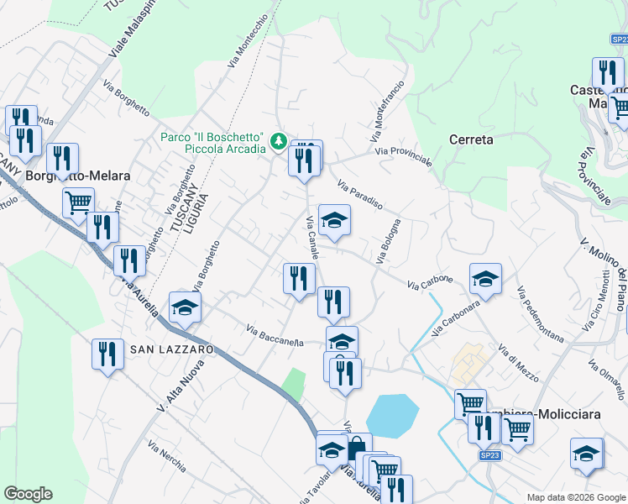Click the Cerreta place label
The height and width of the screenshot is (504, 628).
click(x=471, y=139)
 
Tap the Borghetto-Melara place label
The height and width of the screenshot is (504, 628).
click(x=78, y=176)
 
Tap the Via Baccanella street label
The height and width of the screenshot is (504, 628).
click(x=275, y=334)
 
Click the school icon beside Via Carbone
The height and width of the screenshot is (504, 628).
click(x=485, y=280)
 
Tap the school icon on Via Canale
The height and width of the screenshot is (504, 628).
click(x=335, y=221)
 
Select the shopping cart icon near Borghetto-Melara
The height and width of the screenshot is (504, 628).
click(x=78, y=202)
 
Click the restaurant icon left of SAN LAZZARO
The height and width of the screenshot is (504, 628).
click(x=108, y=354)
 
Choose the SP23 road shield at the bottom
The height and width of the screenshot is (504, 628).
click(x=490, y=455)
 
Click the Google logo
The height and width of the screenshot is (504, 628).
click(x=28, y=494)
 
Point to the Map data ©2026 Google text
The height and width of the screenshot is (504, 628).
click(x=575, y=497)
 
